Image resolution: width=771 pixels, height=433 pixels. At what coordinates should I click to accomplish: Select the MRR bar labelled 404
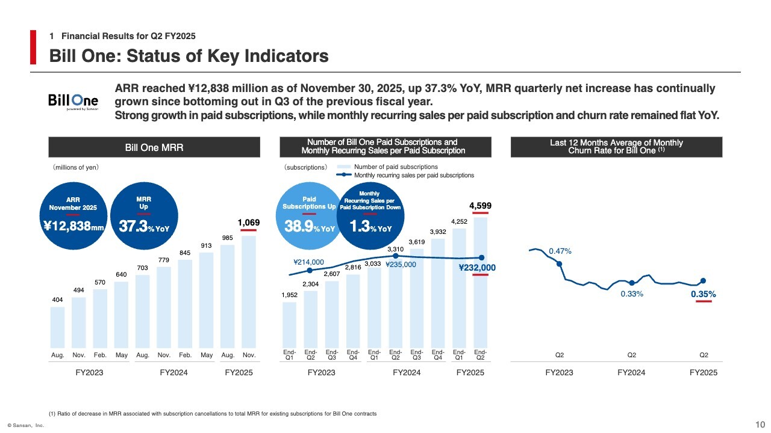[57, 327]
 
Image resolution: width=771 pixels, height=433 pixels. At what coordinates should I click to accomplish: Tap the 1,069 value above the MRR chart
[248, 223]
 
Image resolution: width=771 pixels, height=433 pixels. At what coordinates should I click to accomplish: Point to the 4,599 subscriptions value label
[480, 206]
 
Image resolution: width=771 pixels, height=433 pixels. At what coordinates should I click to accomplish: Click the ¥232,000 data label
[477, 268]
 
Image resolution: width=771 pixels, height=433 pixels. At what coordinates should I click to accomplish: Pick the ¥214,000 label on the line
[308, 262]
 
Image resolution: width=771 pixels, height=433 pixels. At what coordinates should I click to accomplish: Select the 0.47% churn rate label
[560, 251]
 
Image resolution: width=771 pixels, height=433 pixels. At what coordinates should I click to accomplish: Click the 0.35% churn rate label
[703, 294]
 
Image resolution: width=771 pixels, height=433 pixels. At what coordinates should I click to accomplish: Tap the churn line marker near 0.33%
[631, 283]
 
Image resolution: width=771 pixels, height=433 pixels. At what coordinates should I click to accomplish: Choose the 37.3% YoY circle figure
[143, 226]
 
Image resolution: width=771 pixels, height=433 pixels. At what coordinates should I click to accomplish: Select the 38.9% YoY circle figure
[309, 228]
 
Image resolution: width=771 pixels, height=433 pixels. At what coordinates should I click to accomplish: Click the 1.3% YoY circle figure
[370, 228]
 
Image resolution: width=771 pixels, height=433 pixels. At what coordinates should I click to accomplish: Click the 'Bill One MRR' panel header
[154, 147]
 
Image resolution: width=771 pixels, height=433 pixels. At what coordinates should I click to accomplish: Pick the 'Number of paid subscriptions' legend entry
[396, 167]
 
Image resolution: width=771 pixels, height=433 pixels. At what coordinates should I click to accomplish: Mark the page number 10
[760, 425]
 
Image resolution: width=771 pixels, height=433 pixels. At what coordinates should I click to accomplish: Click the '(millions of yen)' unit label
[75, 167]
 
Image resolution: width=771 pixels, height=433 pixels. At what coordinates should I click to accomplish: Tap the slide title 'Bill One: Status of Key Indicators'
[189, 56]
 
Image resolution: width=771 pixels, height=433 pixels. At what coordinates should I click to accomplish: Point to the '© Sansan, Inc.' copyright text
[26, 426]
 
